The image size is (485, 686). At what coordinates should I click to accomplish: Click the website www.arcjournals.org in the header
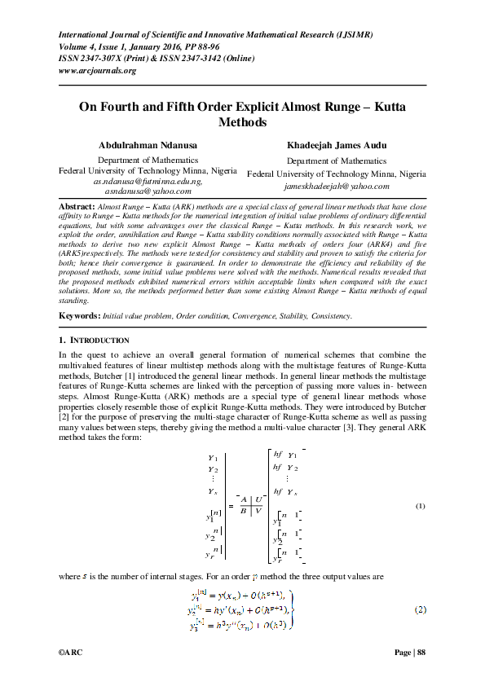pos(98,70)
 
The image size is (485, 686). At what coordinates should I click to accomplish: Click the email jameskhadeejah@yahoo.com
pos(336,186)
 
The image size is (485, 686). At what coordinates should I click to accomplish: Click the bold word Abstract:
pos(77,208)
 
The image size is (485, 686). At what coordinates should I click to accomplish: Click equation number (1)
pos(421,506)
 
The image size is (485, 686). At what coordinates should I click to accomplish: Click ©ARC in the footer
pos(71,653)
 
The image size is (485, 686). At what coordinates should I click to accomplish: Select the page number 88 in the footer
pos(420,653)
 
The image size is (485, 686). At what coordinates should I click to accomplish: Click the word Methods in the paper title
pos(242,122)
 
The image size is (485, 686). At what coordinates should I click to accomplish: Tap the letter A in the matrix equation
pos(244,499)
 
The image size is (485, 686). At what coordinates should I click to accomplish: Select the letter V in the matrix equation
pos(258,511)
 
